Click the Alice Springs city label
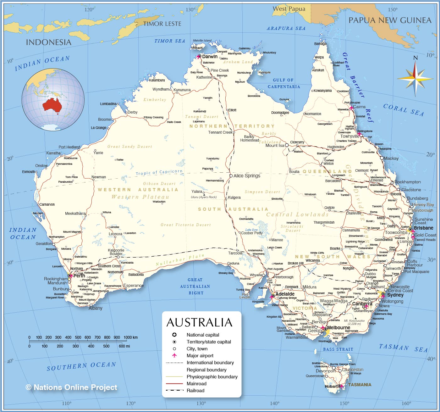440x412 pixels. click(x=247, y=176)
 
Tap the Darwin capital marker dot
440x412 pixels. click(x=200, y=56)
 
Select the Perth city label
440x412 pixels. click(x=79, y=276)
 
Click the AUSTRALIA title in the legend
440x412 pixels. click(x=199, y=323)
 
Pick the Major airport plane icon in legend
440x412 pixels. click(x=174, y=355)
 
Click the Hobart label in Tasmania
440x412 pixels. click(x=331, y=386)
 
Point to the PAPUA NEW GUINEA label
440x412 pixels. click(x=390, y=20)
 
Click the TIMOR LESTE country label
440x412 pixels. click(x=162, y=24)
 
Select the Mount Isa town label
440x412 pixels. click(x=275, y=145)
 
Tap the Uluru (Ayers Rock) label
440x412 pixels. click(x=204, y=197)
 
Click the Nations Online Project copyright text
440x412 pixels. click(x=71, y=387)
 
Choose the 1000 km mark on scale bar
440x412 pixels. click(x=130, y=337)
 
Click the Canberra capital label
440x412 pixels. click(x=362, y=304)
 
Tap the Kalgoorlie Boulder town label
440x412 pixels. click(x=116, y=252)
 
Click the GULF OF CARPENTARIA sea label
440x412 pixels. click(x=284, y=83)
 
